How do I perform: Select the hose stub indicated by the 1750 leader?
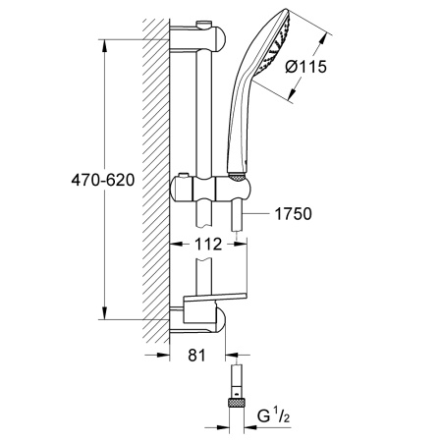[x=237, y=217]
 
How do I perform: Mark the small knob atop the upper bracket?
[x=203, y=25]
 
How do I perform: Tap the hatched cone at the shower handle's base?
[x=237, y=176]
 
